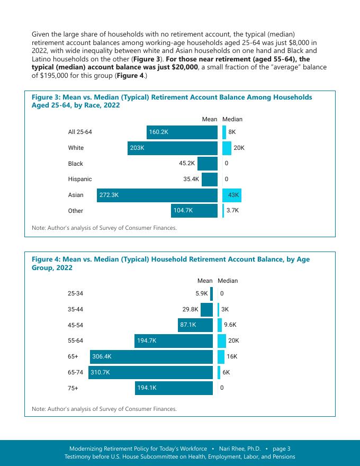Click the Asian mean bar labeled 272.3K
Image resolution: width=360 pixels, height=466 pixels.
(x=157, y=195)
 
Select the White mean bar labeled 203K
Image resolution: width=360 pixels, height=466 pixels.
(x=172, y=148)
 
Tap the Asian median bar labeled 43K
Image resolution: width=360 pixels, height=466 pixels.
(x=232, y=195)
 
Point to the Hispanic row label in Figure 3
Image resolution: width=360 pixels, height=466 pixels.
(x=80, y=180)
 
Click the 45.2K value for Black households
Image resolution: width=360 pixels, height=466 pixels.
(x=187, y=164)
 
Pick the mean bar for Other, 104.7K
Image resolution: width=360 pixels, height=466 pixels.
(x=194, y=211)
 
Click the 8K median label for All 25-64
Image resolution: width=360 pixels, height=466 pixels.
(x=232, y=132)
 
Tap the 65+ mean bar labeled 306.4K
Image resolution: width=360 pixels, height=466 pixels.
(x=151, y=357)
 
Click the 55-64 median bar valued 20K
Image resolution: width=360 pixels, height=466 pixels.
(x=222, y=341)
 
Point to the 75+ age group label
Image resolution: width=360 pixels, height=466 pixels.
(x=73, y=389)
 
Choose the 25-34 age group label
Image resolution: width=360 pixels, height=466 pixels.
(x=75, y=293)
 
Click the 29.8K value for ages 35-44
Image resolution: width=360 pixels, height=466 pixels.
(x=190, y=309)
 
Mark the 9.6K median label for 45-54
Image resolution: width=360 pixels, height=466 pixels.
(x=230, y=325)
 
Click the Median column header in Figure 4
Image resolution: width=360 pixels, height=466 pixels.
(x=228, y=281)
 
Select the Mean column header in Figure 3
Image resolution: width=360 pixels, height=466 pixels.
(x=210, y=120)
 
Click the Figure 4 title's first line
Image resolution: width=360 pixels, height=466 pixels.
(x=170, y=259)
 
